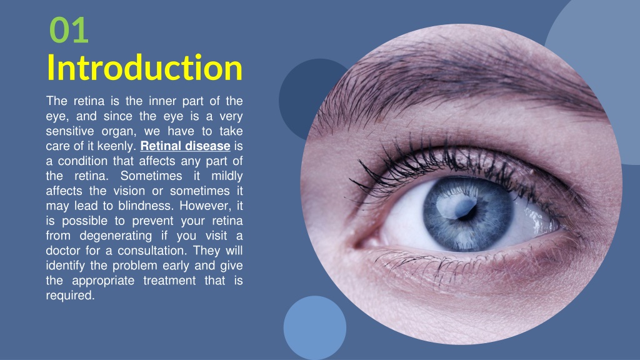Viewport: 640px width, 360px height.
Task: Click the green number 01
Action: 69,31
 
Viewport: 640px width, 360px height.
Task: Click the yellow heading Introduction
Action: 144,68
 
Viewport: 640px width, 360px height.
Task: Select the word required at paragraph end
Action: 70,296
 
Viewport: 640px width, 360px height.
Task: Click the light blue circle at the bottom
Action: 314,327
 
